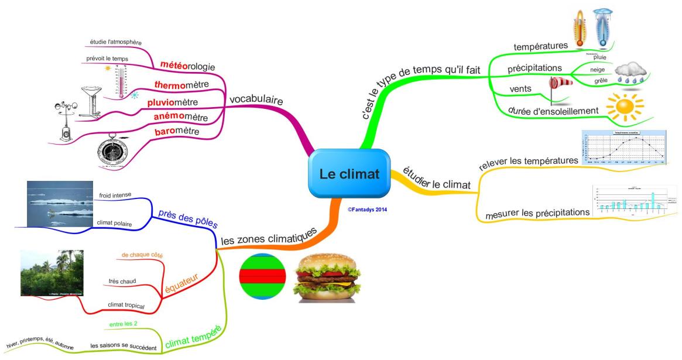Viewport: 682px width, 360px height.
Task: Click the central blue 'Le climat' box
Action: point(349,174)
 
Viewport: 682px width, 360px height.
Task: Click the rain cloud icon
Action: point(629,72)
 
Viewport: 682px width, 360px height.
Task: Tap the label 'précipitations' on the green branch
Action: point(534,68)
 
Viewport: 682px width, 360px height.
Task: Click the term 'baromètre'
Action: point(177,132)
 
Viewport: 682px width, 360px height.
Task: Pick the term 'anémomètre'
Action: point(181,116)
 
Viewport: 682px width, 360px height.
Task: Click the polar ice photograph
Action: point(60,203)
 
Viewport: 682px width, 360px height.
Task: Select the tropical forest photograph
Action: point(52,273)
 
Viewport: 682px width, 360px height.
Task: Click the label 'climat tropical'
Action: point(126,305)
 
